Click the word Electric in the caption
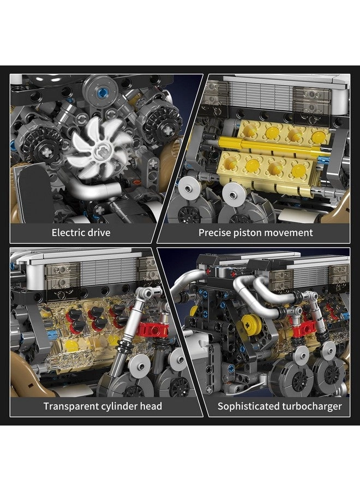[69, 233]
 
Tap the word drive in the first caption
[99, 233]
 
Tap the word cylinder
[121, 406]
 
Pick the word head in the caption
[151, 406]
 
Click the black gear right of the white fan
[162, 117]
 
